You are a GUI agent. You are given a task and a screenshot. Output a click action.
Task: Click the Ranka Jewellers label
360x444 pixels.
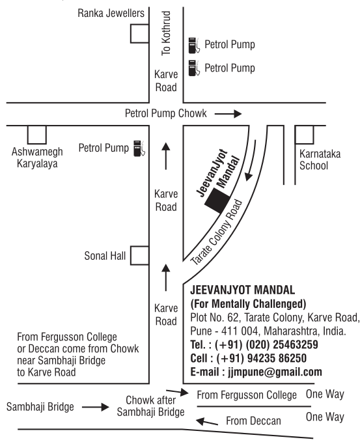[x=111, y=13]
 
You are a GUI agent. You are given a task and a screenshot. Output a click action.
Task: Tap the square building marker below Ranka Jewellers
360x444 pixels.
[x=139, y=34]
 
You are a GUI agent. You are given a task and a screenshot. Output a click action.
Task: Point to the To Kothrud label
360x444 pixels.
[x=166, y=33]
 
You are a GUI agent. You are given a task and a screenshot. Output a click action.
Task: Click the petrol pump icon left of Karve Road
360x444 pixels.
[x=139, y=148]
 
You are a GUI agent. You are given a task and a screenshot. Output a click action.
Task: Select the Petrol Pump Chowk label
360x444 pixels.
[x=166, y=113]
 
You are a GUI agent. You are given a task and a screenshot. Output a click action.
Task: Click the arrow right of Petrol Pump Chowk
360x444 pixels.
[x=228, y=114]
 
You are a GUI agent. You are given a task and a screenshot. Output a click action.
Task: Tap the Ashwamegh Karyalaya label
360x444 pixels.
[x=37, y=158]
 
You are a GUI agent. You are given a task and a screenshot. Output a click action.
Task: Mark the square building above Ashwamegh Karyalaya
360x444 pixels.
[x=37, y=135]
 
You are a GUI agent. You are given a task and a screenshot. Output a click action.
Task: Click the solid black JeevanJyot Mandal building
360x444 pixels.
[x=217, y=201]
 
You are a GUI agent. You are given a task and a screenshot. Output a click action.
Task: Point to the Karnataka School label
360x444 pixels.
[x=320, y=160]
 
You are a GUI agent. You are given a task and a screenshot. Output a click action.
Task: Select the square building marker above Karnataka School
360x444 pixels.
[x=305, y=135]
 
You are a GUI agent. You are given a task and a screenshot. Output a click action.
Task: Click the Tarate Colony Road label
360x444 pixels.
[x=217, y=232]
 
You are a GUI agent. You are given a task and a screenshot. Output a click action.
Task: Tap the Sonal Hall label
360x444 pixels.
[x=105, y=256]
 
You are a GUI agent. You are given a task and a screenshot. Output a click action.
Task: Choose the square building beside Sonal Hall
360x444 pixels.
[x=139, y=256]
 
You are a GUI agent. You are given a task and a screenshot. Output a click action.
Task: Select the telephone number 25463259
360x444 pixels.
[x=296, y=344]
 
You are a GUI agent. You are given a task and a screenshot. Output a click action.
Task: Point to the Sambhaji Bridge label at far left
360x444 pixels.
[x=40, y=407]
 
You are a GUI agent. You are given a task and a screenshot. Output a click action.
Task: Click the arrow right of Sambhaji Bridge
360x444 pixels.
[x=96, y=407]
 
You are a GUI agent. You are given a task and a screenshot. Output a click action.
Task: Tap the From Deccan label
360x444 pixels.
[x=253, y=421]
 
